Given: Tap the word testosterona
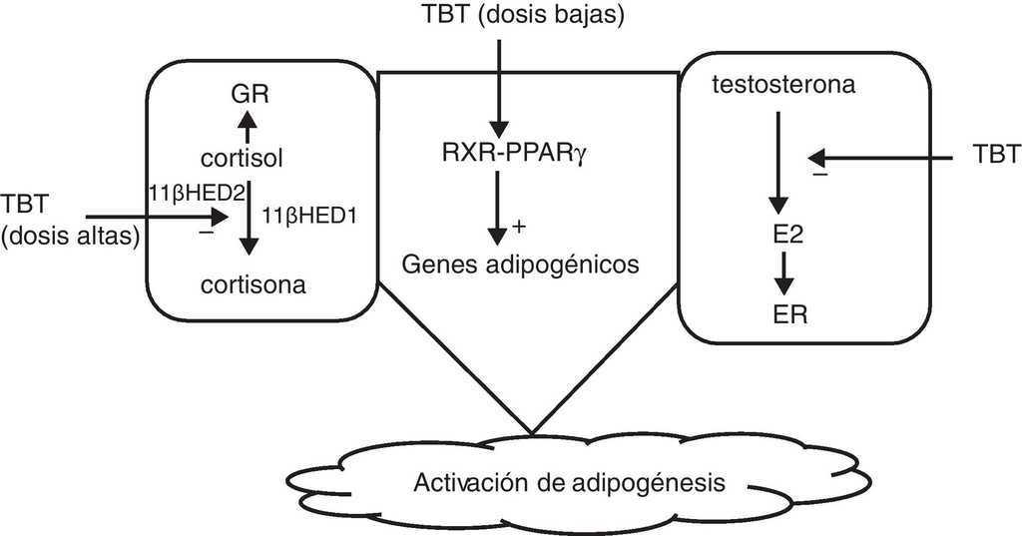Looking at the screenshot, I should coord(782,86).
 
